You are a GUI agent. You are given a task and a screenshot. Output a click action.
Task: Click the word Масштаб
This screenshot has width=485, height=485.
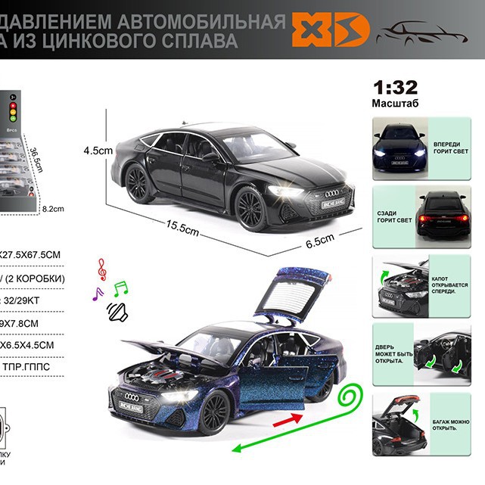click(x=395, y=102)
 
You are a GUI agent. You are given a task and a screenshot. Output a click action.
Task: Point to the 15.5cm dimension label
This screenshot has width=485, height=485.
click(x=183, y=227)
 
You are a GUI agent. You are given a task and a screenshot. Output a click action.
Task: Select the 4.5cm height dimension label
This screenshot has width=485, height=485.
click(x=98, y=151)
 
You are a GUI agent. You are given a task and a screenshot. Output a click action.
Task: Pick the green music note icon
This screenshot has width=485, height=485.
click(x=121, y=288)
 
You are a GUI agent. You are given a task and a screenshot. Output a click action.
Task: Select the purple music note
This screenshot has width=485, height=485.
click(x=97, y=294)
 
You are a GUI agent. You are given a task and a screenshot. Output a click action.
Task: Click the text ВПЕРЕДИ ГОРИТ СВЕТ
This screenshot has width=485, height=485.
click(x=451, y=147)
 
